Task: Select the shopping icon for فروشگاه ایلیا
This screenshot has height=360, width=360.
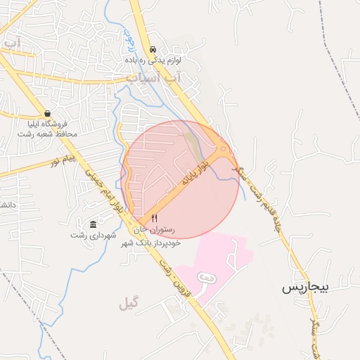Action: click(47, 113)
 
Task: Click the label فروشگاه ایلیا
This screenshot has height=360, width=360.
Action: click(47, 123)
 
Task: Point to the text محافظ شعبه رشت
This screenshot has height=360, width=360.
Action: click(47, 133)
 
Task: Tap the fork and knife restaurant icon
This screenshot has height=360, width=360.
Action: click(154, 219)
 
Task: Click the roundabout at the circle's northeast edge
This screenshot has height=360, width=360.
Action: click(222, 150)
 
